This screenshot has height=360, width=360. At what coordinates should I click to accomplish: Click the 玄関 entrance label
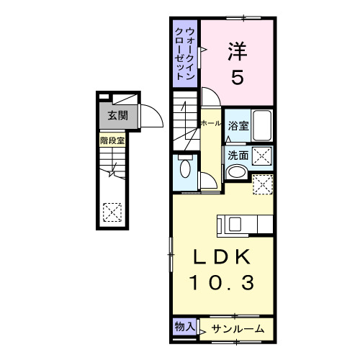pos(113,114)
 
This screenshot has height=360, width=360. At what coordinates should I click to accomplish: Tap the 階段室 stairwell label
pos(112,141)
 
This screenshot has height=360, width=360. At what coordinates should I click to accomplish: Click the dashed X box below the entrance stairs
pos(112,211)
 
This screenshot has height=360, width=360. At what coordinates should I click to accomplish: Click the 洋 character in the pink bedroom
pos(237,50)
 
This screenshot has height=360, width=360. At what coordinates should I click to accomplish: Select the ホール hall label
pos(211,124)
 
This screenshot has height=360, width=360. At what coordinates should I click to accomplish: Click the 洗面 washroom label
pos(238,154)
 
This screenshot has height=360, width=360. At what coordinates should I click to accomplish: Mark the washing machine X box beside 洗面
pos(262,154)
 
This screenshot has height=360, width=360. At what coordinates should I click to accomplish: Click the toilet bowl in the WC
pos(186,170)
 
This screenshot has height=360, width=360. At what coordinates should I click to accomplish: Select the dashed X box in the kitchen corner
pos(264,184)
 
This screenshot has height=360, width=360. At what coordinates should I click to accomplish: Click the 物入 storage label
pos(184,327)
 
